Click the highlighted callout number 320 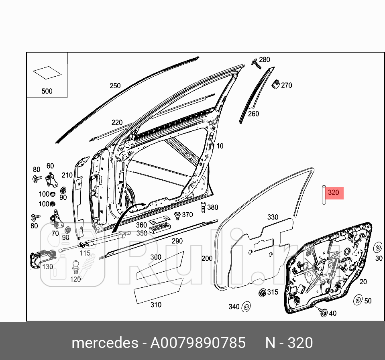pyautogui.click(x=334, y=193)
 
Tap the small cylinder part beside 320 pyautogui.click(x=322, y=195)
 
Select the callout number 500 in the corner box pyautogui.click(x=47, y=91)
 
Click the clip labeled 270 pyautogui.click(x=276, y=84)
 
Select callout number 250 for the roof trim pyautogui.click(x=115, y=85)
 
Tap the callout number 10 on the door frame pyautogui.click(x=220, y=146)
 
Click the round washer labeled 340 pyautogui.click(x=246, y=307)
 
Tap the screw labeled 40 pyautogui.click(x=323, y=312)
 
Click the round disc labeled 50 pyautogui.click(x=356, y=300)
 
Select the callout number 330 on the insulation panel pyautogui.click(x=273, y=217)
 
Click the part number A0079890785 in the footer pyautogui.click(x=198, y=343)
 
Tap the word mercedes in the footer pyautogui.click(x=104, y=343)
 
